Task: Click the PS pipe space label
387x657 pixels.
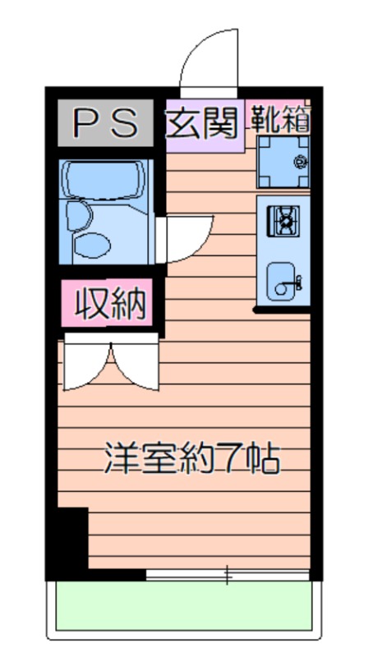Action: pyautogui.click(x=105, y=122)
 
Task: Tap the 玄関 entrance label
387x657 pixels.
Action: pyautogui.click(x=202, y=122)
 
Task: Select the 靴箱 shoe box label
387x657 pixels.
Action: pyautogui.click(x=280, y=118)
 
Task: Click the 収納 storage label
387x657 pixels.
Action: pyautogui.click(x=110, y=302)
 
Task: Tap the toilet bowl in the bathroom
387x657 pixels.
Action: pyautogui.click(x=91, y=246)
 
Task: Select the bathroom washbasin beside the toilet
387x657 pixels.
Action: pyautogui.click(x=79, y=215)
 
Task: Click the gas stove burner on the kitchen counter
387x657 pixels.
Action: pyautogui.click(x=283, y=221)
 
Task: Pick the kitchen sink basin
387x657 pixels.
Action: pyautogui.click(x=281, y=282)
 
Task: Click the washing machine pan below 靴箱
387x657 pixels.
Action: pyautogui.click(x=283, y=162)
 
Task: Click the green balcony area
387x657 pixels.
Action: pyautogui.click(x=184, y=605)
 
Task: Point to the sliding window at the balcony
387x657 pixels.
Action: pyautogui.click(x=228, y=575)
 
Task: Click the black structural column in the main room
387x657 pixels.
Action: pyautogui.click(x=72, y=538)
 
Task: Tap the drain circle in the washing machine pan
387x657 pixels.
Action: pyautogui.click(x=301, y=161)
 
